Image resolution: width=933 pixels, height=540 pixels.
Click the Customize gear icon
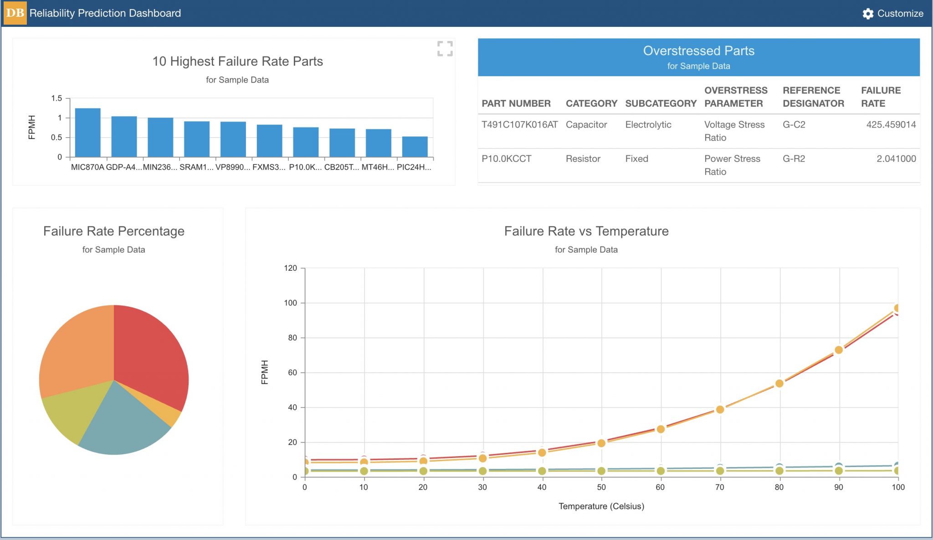(x=868, y=14)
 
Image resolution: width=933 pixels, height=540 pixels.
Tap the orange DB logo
(x=15, y=13)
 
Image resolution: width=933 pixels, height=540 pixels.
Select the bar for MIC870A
(x=87, y=133)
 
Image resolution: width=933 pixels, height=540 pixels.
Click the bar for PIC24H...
(x=415, y=147)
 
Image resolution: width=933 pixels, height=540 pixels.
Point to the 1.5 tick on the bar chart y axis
(x=56, y=98)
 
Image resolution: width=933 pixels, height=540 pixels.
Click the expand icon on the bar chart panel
(x=445, y=49)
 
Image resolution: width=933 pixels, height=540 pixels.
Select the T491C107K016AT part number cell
(x=519, y=124)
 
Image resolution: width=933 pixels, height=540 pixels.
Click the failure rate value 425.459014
(x=891, y=124)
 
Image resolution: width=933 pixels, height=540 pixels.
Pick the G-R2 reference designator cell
(x=794, y=159)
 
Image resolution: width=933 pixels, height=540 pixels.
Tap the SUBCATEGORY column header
(x=661, y=103)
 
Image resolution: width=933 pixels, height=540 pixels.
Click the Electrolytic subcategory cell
(x=648, y=124)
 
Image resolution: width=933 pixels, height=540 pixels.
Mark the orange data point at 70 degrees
(x=720, y=409)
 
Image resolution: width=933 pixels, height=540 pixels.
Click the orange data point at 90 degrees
(x=839, y=350)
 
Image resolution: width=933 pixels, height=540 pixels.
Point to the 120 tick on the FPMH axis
(x=290, y=268)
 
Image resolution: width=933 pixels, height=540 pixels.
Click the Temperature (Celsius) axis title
(x=601, y=506)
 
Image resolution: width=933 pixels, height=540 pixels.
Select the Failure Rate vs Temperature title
(x=586, y=231)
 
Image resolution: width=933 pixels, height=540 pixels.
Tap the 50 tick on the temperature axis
(x=601, y=487)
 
